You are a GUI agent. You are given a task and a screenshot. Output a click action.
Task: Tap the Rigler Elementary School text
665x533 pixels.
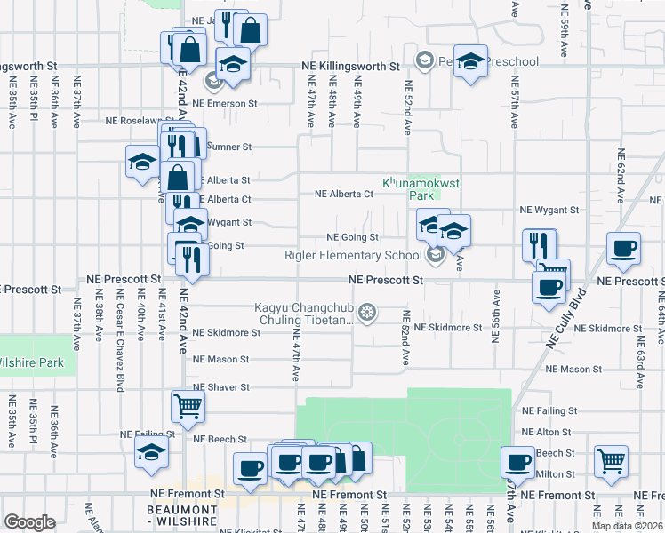[x=353, y=256]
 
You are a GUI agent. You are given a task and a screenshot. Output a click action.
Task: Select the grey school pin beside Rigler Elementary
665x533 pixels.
[x=436, y=256]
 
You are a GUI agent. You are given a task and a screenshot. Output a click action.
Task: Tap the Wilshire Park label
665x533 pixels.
[x=33, y=362]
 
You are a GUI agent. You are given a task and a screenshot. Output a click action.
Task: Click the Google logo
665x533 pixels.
[x=30, y=522]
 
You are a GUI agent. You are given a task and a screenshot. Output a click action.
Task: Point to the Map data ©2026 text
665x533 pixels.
[x=627, y=526]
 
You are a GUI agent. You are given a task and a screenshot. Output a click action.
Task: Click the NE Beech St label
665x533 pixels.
[x=220, y=439]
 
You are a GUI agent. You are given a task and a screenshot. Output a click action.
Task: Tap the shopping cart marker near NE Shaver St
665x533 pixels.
[x=188, y=407]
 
